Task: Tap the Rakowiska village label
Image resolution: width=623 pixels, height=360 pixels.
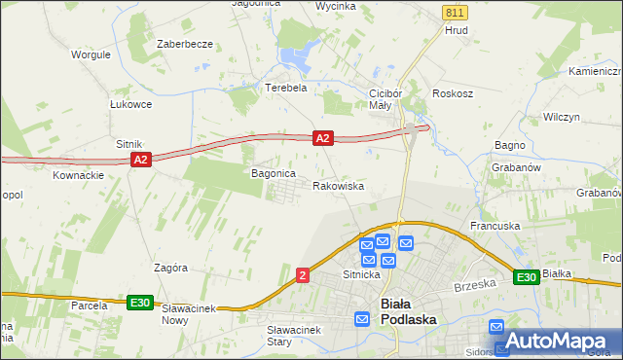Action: [x=338, y=185]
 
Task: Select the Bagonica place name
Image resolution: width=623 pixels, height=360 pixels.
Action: [x=273, y=173]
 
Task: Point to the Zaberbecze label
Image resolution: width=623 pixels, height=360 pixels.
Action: [x=185, y=45]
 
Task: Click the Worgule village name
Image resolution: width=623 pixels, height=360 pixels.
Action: [x=91, y=54]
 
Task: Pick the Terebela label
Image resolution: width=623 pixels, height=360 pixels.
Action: [x=286, y=87]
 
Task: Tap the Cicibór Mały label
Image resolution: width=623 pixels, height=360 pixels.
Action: [x=380, y=99]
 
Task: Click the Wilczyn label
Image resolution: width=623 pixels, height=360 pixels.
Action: [x=562, y=116]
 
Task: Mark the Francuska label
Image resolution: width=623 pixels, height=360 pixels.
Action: [x=495, y=226]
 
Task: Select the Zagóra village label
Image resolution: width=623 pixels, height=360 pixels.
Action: [x=169, y=267]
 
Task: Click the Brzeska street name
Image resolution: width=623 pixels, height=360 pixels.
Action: [x=475, y=286]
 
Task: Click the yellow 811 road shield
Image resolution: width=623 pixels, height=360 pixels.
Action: [x=454, y=12]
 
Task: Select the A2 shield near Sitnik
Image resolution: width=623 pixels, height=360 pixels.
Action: [x=140, y=160]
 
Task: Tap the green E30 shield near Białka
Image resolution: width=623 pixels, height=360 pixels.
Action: [x=527, y=277]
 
